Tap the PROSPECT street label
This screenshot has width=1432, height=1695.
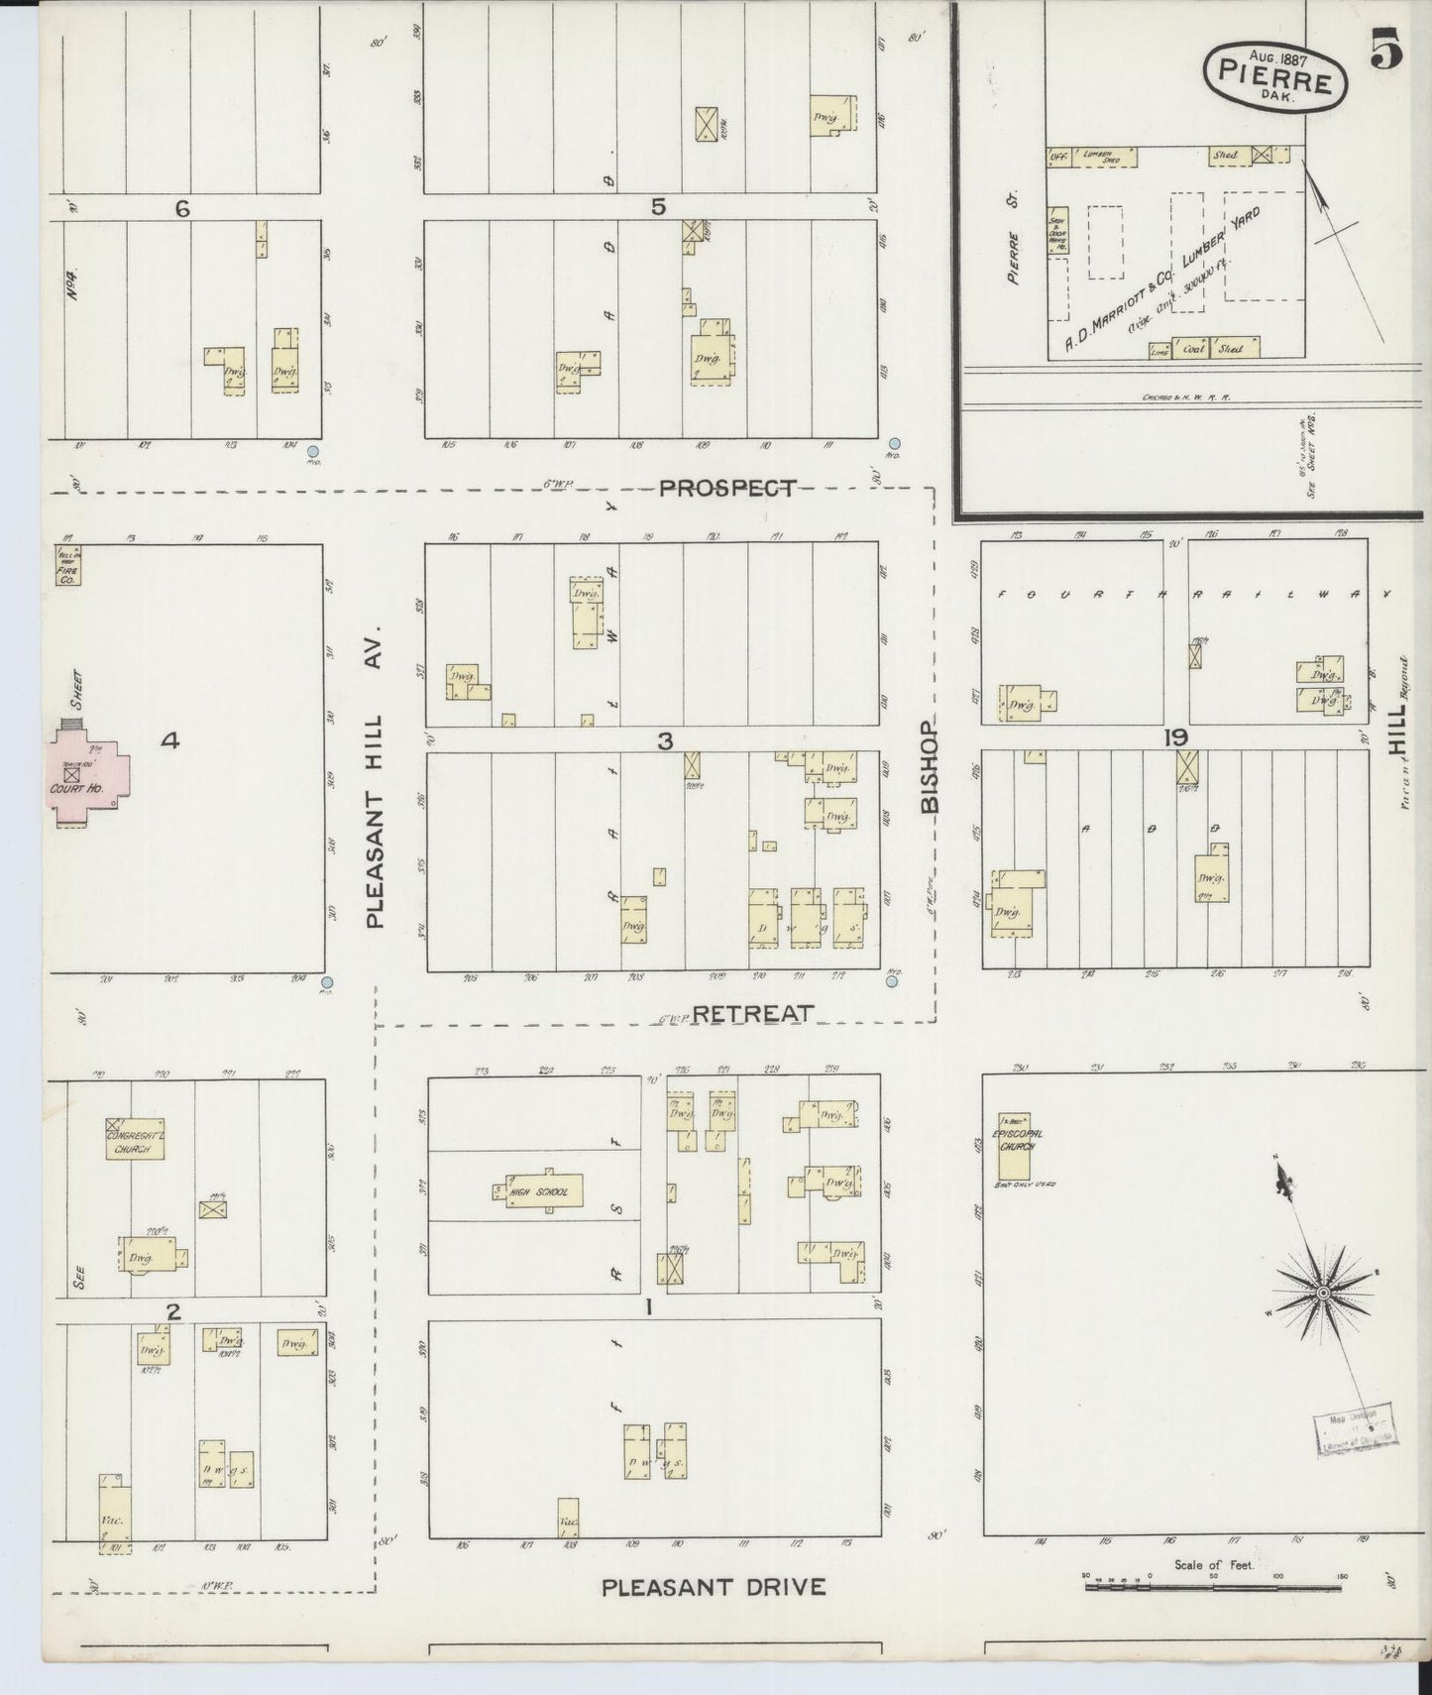(727, 488)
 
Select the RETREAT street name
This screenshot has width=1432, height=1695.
(752, 1013)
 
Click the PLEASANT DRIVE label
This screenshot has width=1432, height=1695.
(714, 1587)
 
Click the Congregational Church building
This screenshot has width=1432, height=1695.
(135, 1141)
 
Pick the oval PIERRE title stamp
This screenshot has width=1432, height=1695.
(1275, 75)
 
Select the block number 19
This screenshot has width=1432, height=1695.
(1176, 737)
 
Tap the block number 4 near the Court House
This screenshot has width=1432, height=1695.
(170, 739)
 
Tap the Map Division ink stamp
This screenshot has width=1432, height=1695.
(1354, 1429)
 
